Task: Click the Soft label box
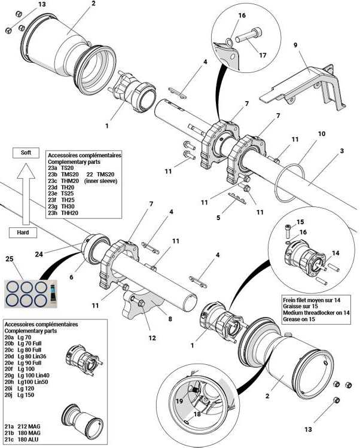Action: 26,153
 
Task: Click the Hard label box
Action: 23,232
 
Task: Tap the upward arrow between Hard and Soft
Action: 26,194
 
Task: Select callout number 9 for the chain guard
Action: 295,45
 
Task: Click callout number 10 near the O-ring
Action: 322,134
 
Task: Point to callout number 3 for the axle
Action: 341,151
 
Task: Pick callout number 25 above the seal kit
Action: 10,259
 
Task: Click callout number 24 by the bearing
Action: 39,254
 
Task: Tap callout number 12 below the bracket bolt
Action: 152,338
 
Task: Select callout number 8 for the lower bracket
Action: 170,319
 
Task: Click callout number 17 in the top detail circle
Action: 263,55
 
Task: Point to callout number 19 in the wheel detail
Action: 179,401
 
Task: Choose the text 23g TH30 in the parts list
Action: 61,206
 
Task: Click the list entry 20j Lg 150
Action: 19,395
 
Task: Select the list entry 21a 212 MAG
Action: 23,426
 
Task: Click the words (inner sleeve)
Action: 101,181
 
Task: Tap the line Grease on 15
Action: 299,319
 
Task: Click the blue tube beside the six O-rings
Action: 52,293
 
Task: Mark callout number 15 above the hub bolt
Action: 300,222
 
